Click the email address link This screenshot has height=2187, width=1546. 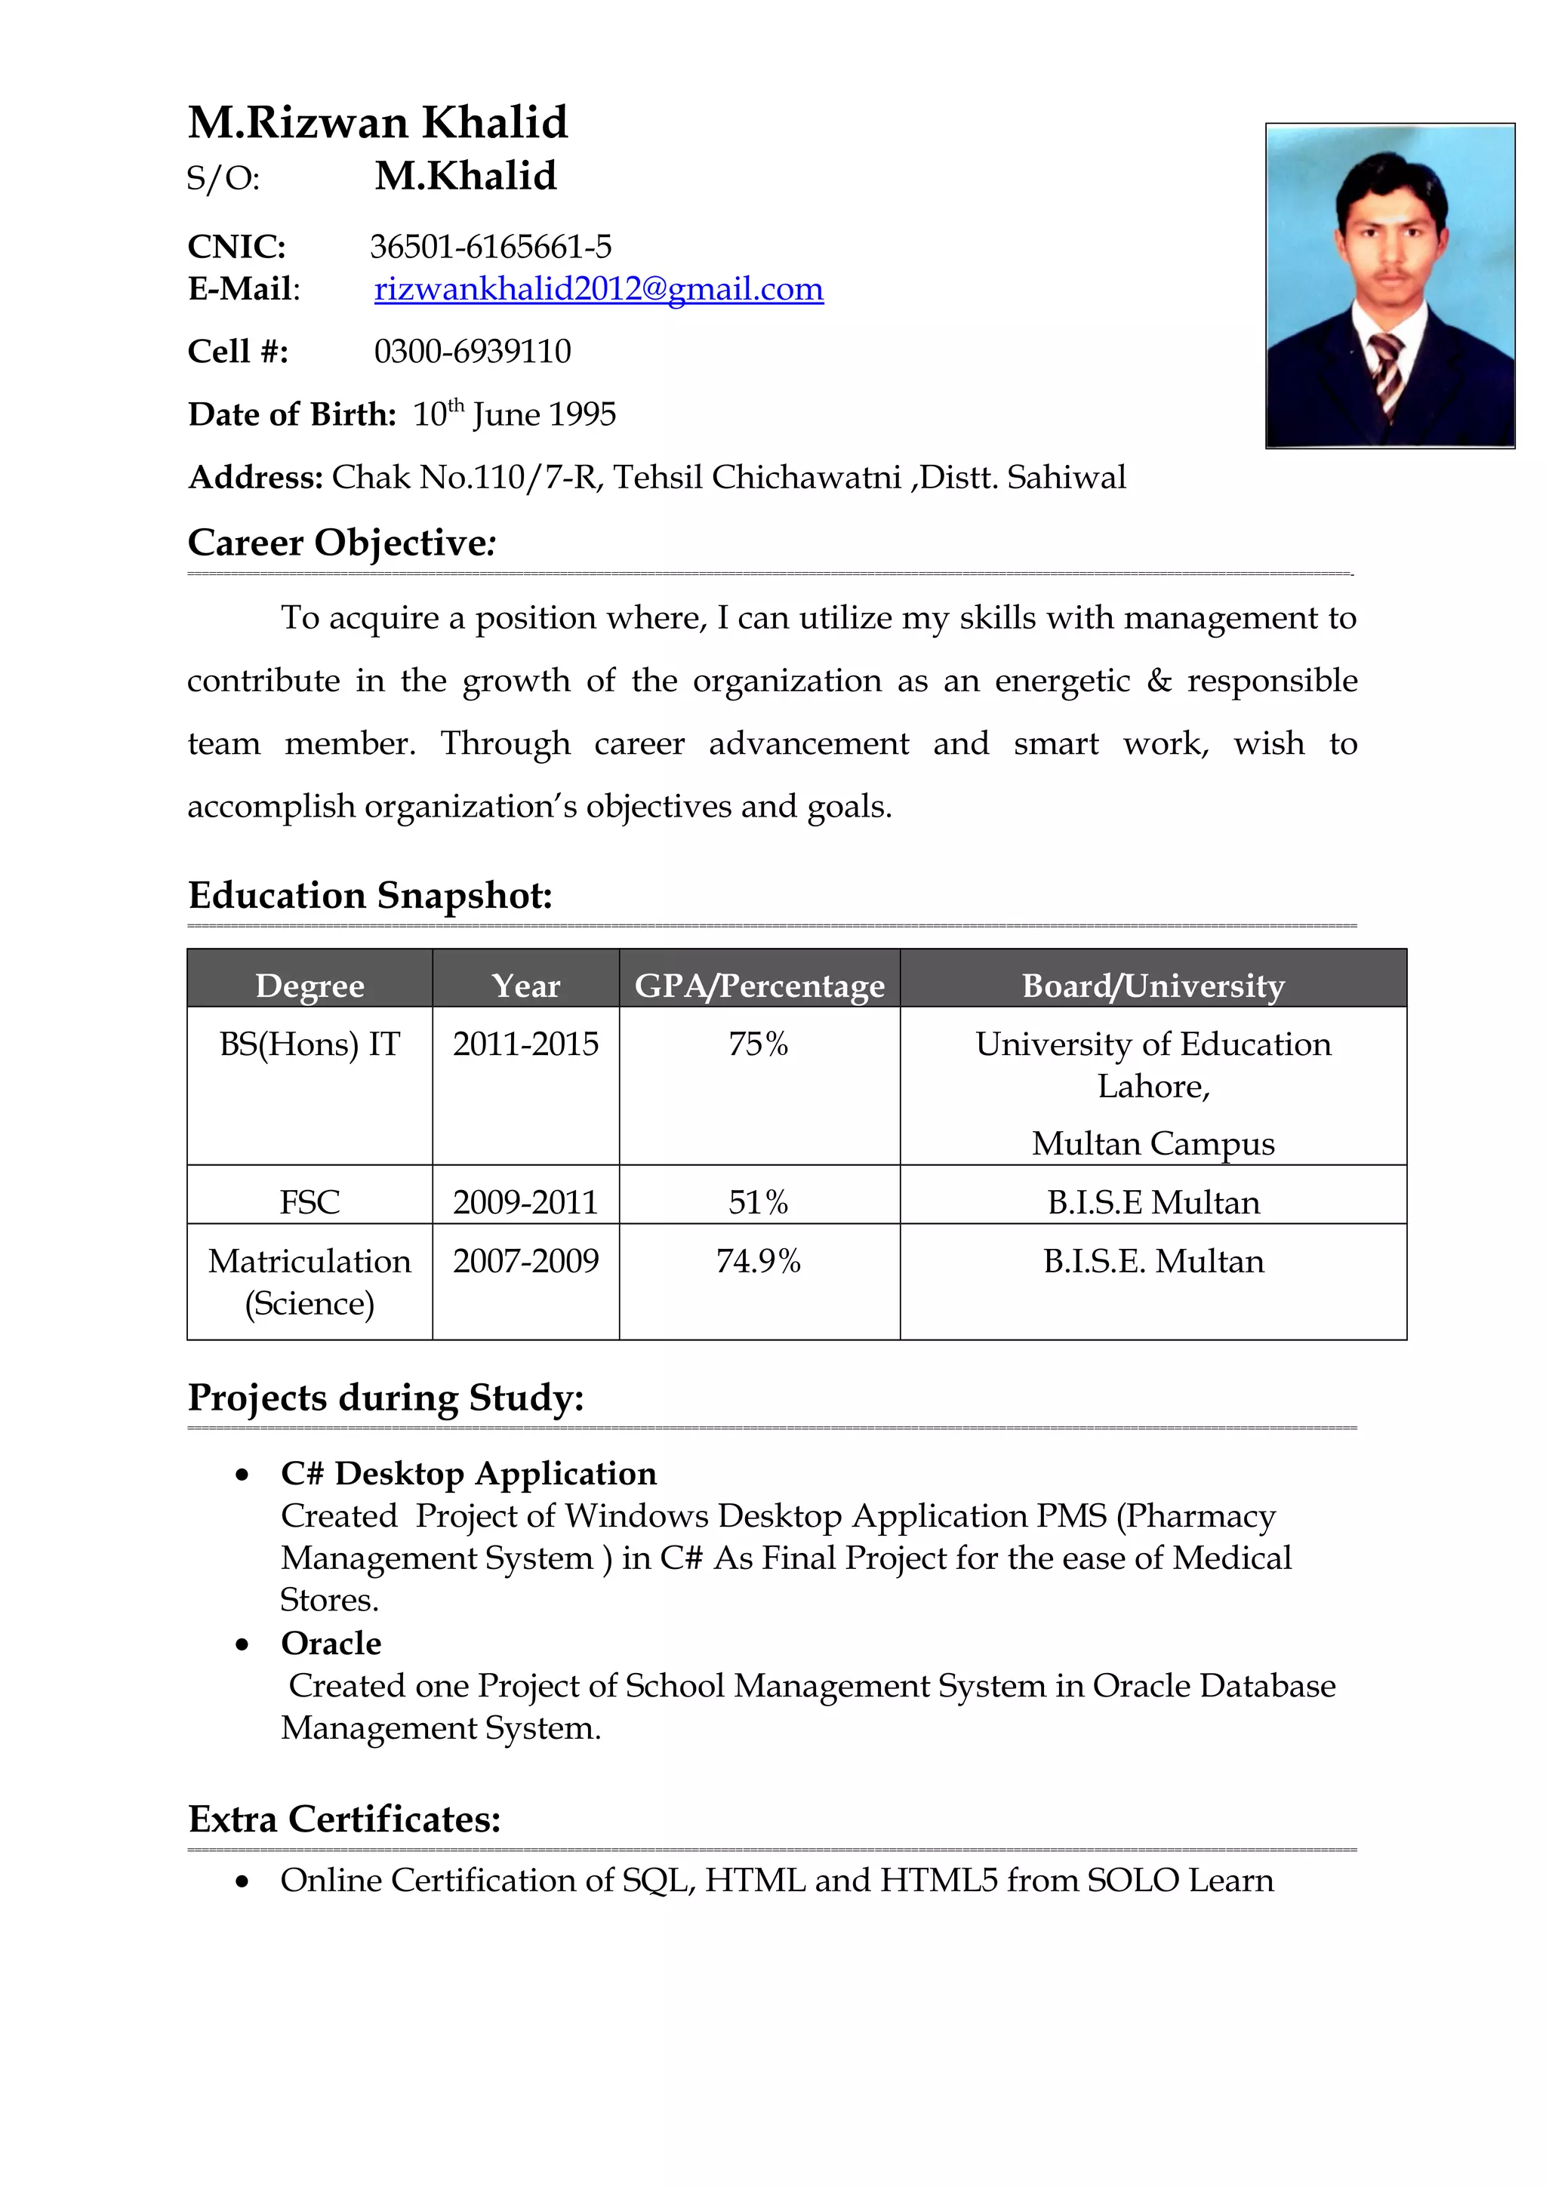coord(598,288)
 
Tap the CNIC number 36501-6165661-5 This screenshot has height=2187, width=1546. coord(491,247)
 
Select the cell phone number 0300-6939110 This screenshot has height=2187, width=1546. coord(473,352)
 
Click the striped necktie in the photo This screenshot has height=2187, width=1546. coord(1387,371)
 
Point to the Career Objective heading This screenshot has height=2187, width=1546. coord(341,543)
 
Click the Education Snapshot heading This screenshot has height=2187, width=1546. coord(370,895)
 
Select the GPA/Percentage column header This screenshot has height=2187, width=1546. coord(759,985)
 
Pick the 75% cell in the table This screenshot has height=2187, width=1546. coord(758,1044)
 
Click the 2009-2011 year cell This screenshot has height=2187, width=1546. coord(525,1202)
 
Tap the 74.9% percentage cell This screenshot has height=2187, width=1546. coord(758,1261)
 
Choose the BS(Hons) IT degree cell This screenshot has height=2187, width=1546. coord(310,1044)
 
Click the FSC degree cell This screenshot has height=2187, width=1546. coord(310,1202)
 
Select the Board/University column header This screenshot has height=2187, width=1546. coord(1153,985)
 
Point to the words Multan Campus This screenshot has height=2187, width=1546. coord(1153,1143)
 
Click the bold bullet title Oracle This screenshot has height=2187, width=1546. coord(331,1643)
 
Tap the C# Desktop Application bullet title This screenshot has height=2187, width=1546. coord(468,1474)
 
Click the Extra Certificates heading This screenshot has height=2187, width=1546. coord(344,1819)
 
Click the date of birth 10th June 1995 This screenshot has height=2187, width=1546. coord(514,414)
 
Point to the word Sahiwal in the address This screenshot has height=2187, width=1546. coord(1066,477)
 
